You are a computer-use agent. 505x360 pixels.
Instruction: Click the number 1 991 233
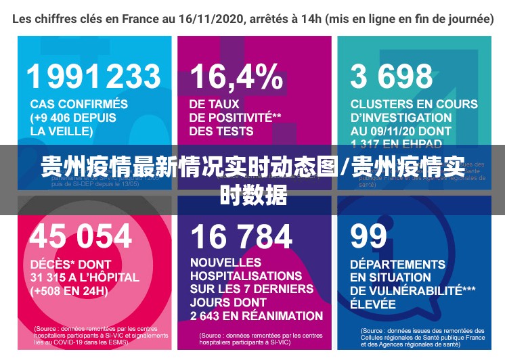tap(95, 76)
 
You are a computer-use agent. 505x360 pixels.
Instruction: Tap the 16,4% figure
tap(236, 77)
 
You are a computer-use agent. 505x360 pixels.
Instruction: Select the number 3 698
tap(391, 77)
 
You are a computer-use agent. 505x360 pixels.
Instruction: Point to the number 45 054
tap(81, 236)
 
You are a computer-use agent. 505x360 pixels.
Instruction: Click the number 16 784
tap(241, 236)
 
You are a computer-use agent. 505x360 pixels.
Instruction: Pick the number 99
tap(369, 236)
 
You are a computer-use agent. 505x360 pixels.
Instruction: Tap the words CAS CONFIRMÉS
tap(79, 104)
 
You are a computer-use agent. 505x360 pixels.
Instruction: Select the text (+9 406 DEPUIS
tap(73, 117)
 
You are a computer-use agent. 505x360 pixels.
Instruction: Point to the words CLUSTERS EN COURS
tap(414, 104)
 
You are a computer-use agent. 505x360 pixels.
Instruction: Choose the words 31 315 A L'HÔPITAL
tap(85, 277)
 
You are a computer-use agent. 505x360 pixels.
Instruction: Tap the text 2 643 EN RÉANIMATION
tap(256, 316)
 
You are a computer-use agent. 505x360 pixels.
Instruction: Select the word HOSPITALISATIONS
tap(246, 276)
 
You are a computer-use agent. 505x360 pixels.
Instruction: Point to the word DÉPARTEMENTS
tap(397, 264)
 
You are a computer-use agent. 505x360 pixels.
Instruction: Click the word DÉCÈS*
tap(53, 264)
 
